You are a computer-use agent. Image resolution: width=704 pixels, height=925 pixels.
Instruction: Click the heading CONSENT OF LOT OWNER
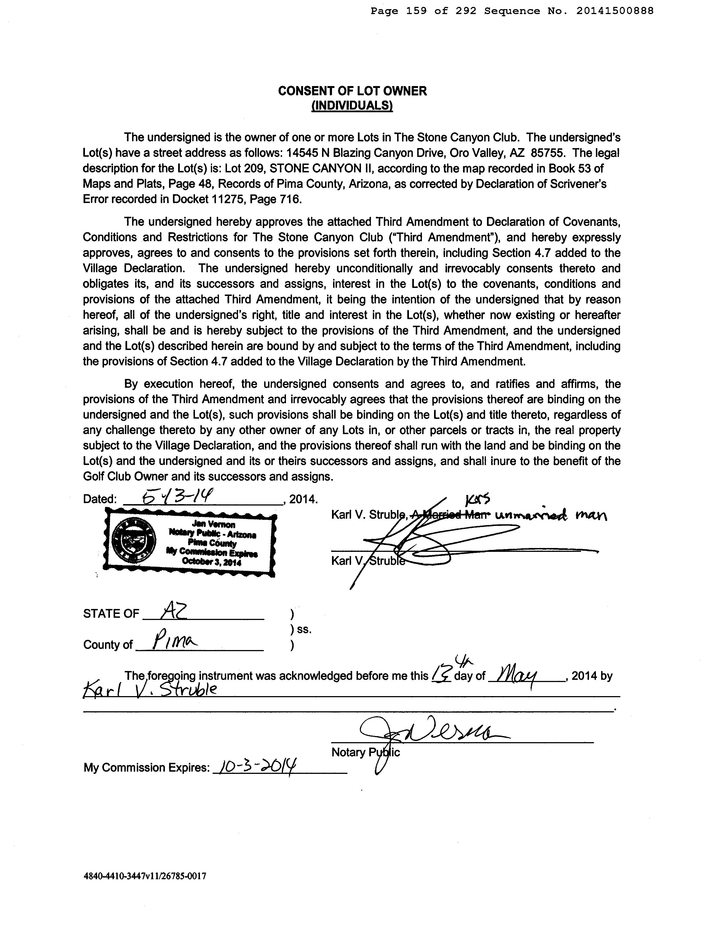[352, 91]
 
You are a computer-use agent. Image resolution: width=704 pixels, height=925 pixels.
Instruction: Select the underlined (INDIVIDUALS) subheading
[352, 106]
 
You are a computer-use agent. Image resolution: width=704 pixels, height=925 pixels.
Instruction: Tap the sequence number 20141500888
[614, 11]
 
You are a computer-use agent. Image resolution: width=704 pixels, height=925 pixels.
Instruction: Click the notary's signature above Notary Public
[432, 732]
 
